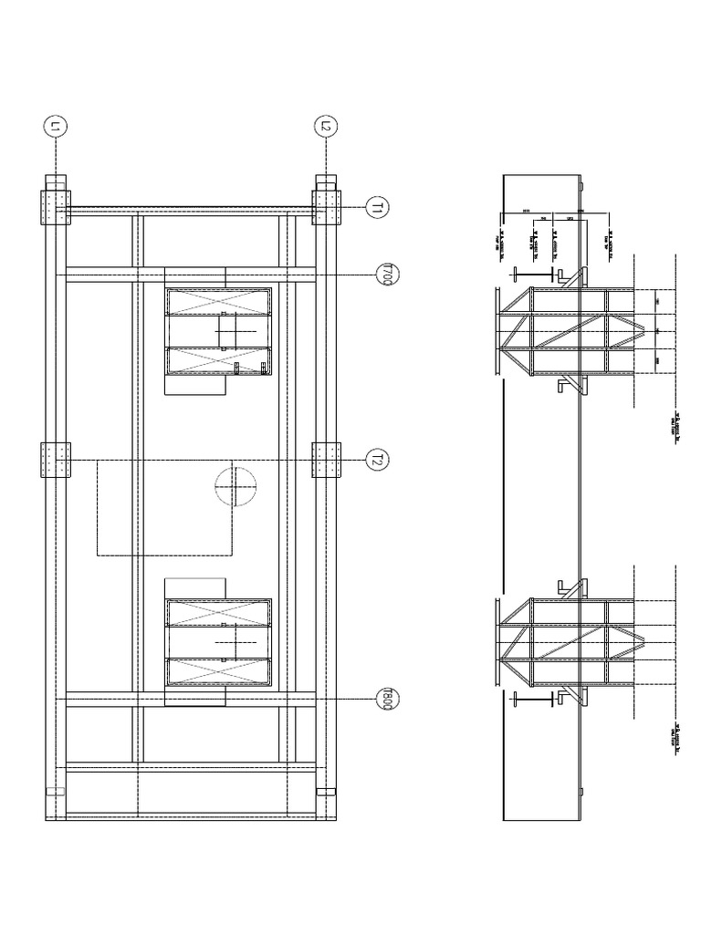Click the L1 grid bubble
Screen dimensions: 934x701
click(x=55, y=128)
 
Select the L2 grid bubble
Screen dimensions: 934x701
click(x=326, y=128)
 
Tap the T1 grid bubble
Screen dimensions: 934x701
click(x=378, y=208)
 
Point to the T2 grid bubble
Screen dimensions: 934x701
click(x=377, y=460)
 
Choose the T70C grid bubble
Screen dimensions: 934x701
click(x=387, y=275)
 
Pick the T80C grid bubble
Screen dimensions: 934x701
click(x=387, y=700)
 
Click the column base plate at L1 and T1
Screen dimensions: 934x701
click(x=55, y=208)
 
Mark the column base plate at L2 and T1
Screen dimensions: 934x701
click(x=326, y=208)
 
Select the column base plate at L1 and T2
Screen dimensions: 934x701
click(x=55, y=459)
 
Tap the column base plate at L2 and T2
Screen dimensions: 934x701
click(x=326, y=459)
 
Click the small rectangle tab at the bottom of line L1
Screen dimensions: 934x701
click(x=55, y=793)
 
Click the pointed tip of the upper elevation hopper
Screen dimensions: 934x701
click(x=656, y=330)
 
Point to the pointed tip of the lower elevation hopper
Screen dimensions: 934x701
click(x=656, y=640)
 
